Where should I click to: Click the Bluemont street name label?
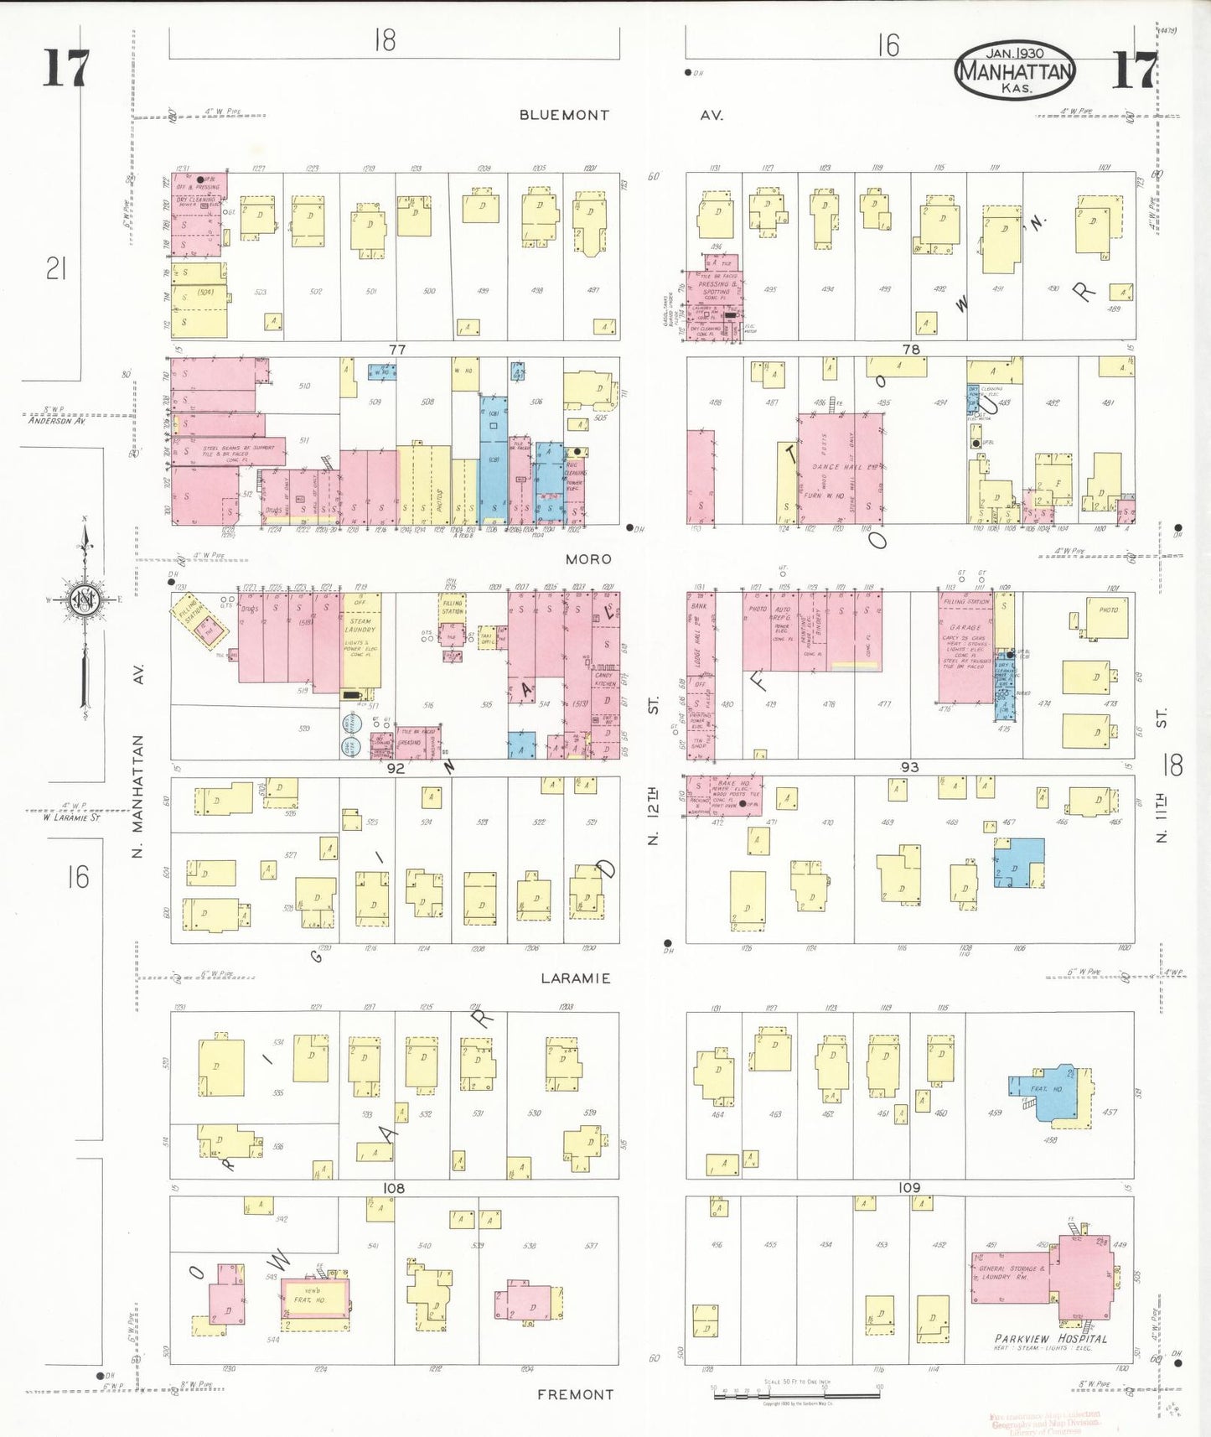564,115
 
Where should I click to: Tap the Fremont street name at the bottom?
575,1394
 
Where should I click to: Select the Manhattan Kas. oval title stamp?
1014,72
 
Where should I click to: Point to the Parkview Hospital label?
1051,1339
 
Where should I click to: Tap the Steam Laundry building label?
361,625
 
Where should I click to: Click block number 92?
396,767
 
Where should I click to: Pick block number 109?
908,1187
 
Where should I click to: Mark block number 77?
396,349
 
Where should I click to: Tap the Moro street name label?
587,559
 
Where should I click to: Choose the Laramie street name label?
575,978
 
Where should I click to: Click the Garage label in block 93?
965,627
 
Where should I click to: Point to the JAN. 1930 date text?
1014,52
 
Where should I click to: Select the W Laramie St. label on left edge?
72,817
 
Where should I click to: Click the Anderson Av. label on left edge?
57,421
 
